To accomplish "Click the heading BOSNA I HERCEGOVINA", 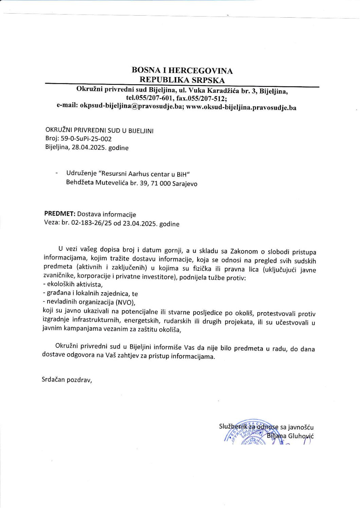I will point(182,71).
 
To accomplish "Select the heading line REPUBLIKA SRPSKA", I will point(182,80).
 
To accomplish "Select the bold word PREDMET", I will point(59,214).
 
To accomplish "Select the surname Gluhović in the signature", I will point(301,436).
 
